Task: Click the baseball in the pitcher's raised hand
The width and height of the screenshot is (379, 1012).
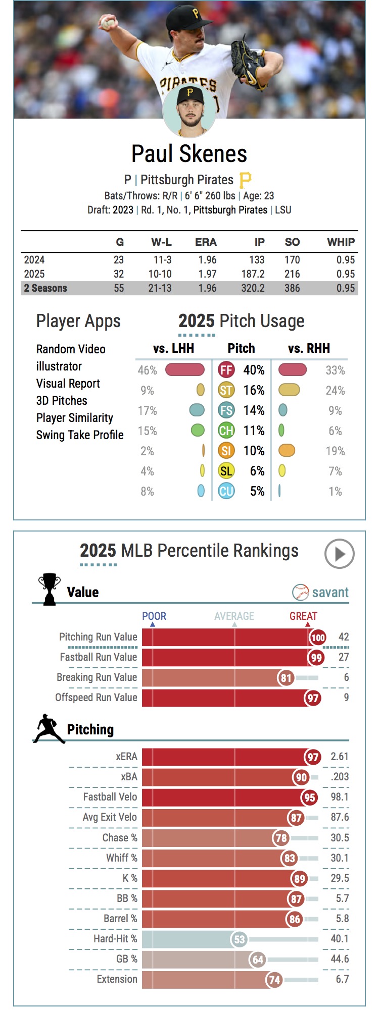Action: pos(107,23)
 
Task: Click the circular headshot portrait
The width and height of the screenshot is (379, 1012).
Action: pos(189,112)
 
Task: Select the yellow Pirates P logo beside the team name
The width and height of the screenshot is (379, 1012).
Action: pos(245,180)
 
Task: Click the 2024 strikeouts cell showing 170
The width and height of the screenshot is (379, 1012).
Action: pos(292,260)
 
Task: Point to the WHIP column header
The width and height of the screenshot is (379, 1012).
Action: pos(341,242)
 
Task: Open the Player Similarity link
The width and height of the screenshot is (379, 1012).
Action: pos(74,418)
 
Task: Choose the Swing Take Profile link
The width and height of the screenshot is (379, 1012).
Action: pos(80,435)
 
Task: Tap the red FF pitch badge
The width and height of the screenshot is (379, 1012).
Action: pos(226,370)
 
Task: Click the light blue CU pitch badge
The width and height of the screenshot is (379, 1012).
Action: pos(226,491)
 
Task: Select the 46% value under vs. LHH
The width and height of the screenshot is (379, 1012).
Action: pos(147,370)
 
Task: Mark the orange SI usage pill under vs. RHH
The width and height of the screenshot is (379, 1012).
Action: pos(287,451)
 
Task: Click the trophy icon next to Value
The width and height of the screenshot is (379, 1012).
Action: pos(49,589)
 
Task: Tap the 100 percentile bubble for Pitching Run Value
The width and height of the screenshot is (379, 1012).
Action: pos(318,637)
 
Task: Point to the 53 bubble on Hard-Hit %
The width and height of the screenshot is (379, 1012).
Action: pos(239,939)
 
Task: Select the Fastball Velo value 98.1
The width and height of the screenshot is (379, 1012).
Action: pos(340,797)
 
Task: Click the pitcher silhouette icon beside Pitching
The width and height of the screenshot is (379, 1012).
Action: pos(50,729)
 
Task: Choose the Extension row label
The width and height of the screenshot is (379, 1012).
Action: pos(117,979)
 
